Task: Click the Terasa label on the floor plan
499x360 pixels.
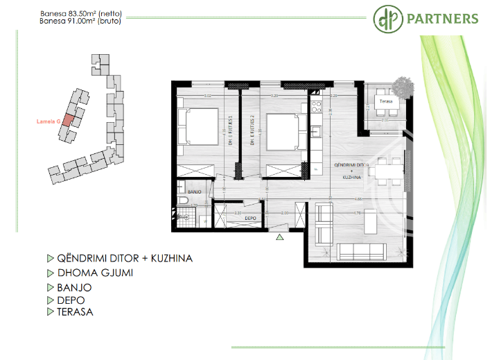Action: click(385, 101)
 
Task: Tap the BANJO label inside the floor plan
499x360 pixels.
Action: click(194, 191)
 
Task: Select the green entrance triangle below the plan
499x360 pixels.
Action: click(279, 238)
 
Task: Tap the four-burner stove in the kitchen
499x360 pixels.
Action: click(317, 108)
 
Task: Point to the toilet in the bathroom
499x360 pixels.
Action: click(182, 200)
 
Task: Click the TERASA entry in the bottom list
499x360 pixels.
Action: click(74, 312)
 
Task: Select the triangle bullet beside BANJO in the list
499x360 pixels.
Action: click(50, 286)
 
